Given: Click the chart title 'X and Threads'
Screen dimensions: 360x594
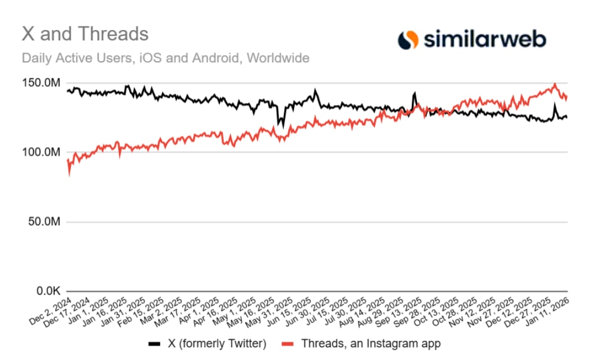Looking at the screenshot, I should [85, 33].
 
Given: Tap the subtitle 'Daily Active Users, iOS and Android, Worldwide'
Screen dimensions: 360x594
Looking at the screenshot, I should [166, 58].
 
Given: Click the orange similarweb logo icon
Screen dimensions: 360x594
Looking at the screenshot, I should [408, 39].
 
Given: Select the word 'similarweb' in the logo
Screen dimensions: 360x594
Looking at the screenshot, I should [485, 39].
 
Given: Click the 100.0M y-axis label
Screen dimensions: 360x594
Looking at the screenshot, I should [44, 152].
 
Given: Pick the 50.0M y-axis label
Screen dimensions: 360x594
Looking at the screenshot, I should [46, 222].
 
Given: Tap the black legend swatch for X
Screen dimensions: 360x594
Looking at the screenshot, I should [154, 344].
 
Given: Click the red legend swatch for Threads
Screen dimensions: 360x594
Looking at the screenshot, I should [289, 344].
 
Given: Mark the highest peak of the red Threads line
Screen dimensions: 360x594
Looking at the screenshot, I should [554, 84].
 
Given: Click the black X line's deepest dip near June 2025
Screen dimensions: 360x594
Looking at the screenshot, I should [283, 126].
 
